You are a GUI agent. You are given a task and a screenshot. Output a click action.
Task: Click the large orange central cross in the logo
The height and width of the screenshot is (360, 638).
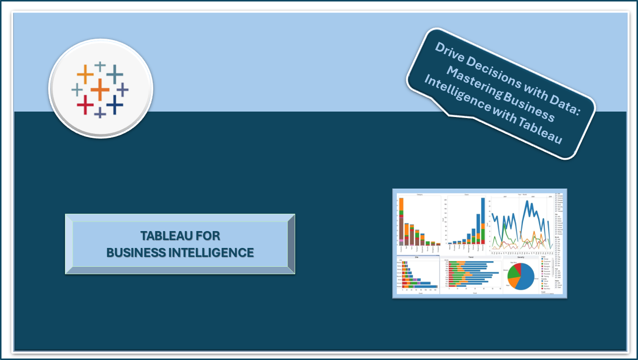click(x=100, y=89)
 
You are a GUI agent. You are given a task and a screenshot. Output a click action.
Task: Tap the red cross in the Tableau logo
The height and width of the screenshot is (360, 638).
click(x=85, y=105)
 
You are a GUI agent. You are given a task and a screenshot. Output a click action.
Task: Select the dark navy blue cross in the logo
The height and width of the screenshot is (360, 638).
click(x=115, y=104)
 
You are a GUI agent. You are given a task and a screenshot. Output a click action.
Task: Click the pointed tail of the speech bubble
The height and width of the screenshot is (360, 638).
click(x=449, y=115)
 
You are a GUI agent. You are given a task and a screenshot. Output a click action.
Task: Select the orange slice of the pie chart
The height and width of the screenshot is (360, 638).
click(x=513, y=282)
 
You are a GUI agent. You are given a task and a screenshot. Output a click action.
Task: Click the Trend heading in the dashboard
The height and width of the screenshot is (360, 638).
click(x=471, y=257)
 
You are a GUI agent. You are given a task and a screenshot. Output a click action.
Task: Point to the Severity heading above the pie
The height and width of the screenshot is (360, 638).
click(x=520, y=257)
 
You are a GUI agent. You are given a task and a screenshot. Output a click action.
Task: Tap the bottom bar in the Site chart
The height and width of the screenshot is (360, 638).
click(x=420, y=286)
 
